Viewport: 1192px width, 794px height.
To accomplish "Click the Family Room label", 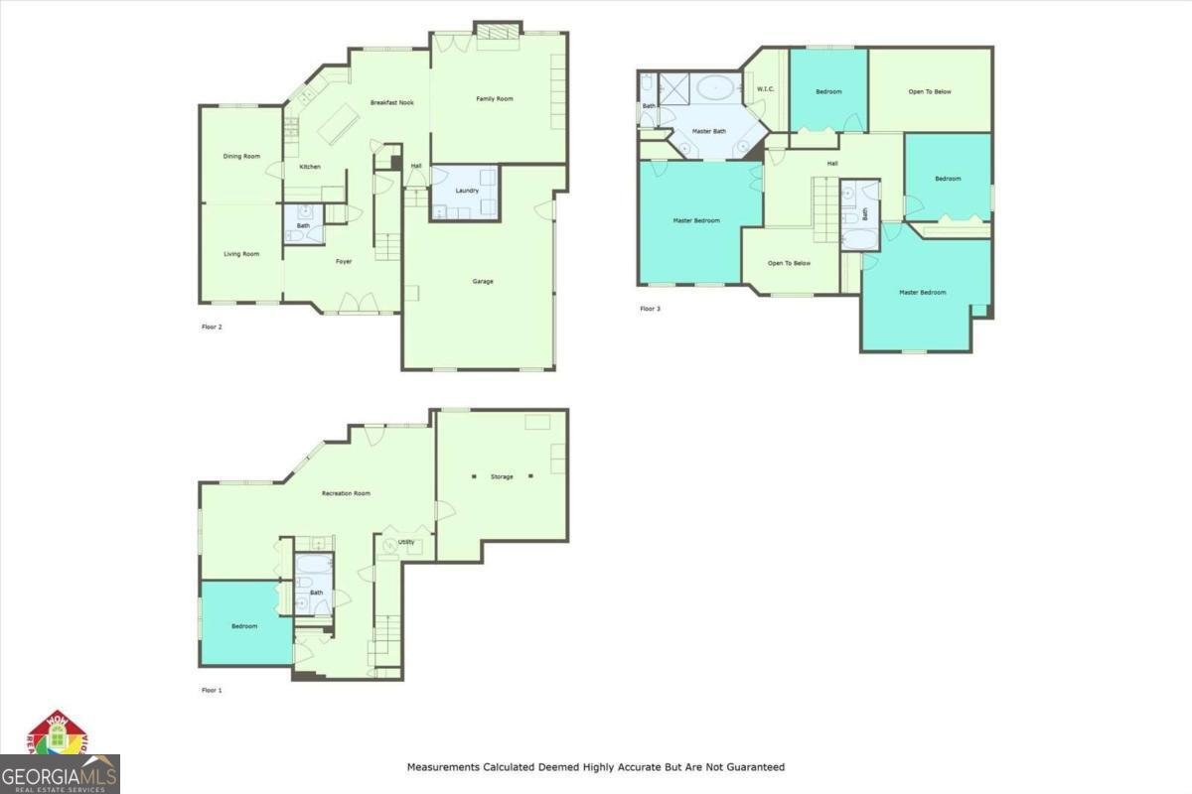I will click(x=494, y=98).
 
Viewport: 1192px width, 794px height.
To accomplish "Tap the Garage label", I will click(x=483, y=281).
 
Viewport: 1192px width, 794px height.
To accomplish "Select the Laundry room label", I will click(x=467, y=191).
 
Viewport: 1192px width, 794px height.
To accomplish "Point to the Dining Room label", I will click(x=241, y=156).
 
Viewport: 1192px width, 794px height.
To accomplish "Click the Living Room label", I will click(x=241, y=254).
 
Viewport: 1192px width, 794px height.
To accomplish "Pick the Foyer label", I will click(x=344, y=262).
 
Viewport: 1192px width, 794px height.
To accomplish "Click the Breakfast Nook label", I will click(x=392, y=103).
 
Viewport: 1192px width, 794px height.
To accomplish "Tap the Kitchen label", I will click(x=310, y=167).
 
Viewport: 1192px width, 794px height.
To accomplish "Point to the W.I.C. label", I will click(x=765, y=89).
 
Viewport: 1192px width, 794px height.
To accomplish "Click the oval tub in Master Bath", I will click(x=714, y=88).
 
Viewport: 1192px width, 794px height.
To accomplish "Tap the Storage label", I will click(x=502, y=477).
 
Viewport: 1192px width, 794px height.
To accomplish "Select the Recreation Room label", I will click(x=346, y=493).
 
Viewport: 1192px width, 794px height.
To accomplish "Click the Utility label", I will click(x=406, y=542).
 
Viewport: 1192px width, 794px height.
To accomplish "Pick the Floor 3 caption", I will click(x=650, y=309).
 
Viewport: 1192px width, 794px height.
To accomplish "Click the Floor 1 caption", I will click(x=212, y=690).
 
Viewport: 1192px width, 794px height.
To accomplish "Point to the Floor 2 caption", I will click(x=212, y=327).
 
